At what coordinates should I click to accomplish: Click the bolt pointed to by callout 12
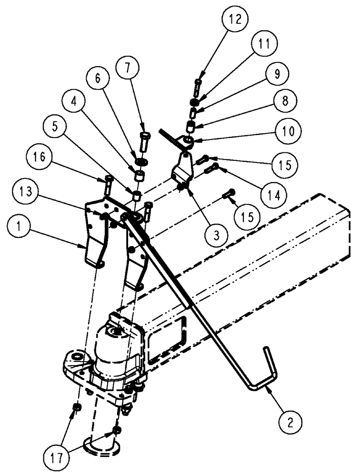pyautogui.click(x=198, y=87)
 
